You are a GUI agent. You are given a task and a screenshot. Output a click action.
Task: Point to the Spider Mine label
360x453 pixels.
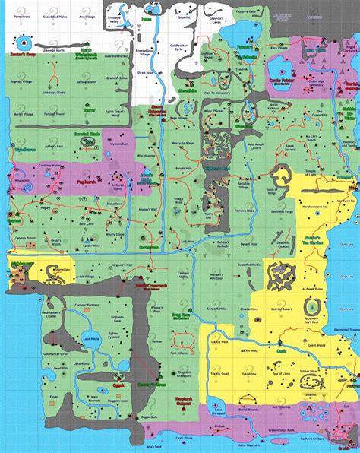[x=91, y=246]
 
